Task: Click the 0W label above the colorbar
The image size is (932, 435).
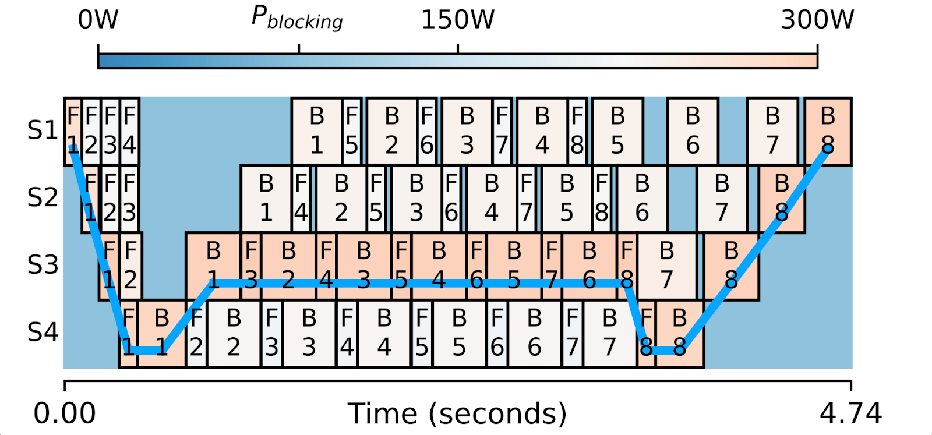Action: pos(98,20)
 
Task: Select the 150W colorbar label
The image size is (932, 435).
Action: pos(458,20)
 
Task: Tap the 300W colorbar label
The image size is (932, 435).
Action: pos(817,20)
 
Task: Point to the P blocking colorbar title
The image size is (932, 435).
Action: pos(297,19)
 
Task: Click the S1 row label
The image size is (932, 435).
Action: pos(43,130)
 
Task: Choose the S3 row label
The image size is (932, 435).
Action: pos(43,265)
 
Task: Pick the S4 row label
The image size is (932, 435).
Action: pos(43,332)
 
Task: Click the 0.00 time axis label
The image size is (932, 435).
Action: pos(65,413)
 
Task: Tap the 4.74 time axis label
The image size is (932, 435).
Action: pos(850,413)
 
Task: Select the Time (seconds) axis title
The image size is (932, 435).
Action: pos(457,413)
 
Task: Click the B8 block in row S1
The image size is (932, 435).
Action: pos(828,131)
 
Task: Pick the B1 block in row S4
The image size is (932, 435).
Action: pos(161,334)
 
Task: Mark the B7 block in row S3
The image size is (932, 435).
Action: pos(667,266)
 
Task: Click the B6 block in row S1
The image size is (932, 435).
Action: pos(693,131)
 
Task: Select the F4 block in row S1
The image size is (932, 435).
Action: pos(130,131)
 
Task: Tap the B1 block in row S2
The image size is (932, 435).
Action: pos(266,199)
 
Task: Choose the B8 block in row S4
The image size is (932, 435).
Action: pos(680,334)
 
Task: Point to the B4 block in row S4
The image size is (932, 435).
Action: pos(384,334)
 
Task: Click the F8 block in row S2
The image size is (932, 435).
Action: pos(602,199)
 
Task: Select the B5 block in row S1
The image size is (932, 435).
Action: pos(617,131)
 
